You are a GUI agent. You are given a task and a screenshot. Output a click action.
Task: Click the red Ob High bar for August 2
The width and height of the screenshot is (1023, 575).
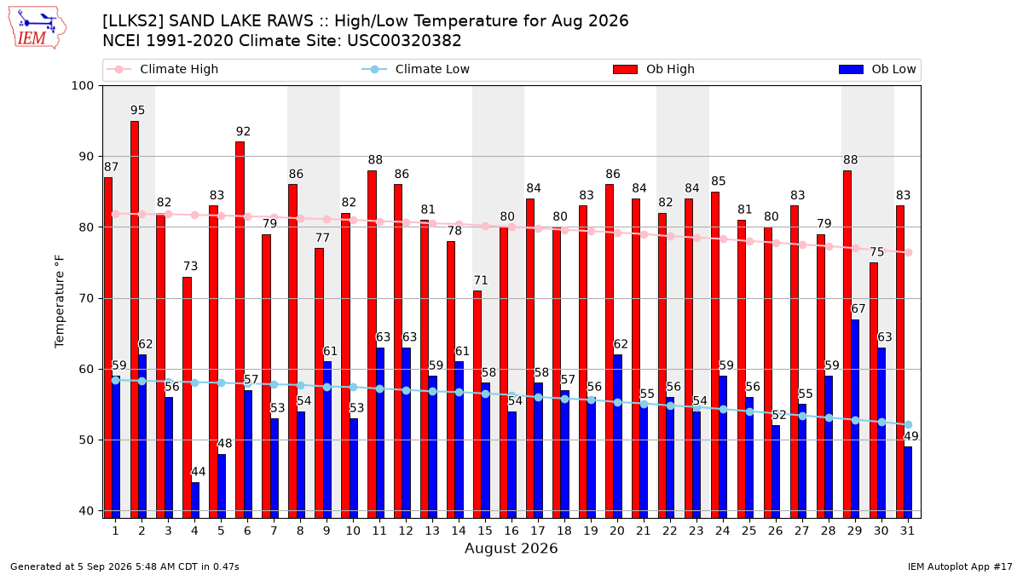135,319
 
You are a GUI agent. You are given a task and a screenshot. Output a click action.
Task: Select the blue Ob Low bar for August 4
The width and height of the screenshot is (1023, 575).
195,500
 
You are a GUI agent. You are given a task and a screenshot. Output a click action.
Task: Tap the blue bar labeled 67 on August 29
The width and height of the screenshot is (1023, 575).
855,419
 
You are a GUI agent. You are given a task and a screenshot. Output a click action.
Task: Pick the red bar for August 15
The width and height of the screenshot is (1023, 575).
477,405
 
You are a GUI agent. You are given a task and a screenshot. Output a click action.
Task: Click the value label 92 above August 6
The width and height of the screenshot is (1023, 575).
244,131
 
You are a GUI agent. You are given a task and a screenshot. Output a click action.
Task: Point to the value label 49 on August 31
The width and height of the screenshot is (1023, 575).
911,436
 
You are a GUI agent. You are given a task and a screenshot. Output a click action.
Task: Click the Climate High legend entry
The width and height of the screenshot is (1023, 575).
162,69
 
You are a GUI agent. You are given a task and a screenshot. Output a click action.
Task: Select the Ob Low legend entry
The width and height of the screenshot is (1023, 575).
877,69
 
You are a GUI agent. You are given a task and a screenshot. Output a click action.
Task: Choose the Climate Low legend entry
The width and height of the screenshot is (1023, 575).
416,69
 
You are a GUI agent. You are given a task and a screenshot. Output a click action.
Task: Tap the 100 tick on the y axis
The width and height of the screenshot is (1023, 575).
82,86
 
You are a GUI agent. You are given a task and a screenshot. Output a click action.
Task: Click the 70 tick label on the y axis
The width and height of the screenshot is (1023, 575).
86,298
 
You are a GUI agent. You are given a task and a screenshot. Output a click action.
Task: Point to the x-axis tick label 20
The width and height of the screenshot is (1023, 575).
617,531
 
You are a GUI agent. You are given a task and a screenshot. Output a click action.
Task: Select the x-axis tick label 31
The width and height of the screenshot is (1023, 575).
907,531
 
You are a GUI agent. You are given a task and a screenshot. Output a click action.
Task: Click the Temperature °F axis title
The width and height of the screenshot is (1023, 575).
60,302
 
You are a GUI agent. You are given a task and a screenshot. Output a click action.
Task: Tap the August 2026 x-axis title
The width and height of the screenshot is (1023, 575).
511,548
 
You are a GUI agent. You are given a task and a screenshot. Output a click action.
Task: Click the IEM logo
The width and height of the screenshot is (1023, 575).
38,28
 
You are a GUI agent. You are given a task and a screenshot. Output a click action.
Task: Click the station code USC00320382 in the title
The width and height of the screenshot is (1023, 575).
404,41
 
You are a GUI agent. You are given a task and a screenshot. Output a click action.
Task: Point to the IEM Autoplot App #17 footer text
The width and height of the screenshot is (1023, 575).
960,566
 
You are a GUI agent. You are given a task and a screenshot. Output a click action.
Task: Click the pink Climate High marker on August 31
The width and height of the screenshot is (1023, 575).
909,253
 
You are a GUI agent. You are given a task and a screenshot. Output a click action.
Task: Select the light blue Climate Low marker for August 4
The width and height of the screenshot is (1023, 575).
195,382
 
